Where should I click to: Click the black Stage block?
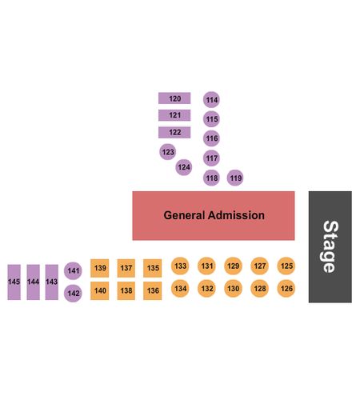coord(330,246)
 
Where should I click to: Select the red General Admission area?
coord(214,215)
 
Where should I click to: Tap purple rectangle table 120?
coord(174,98)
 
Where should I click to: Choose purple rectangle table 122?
coord(174,132)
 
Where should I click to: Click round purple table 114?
coord(211,99)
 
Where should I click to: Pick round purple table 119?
coord(235,178)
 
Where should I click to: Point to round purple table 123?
coord(168,152)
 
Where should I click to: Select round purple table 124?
coord(184,167)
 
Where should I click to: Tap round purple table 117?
coord(211,158)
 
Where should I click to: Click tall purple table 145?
coord(14,282)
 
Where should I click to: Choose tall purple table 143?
coord(52,282)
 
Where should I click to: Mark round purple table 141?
coord(73,270)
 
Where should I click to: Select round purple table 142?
coord(73,294)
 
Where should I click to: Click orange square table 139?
coord(100,268)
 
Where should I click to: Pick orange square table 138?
coord(126,290)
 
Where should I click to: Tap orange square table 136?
coord(153,290)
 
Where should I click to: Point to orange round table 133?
coord(180,266)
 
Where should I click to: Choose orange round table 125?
coord(286,266)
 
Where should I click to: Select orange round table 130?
coord(234,289)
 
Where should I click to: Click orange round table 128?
coord(260,289)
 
